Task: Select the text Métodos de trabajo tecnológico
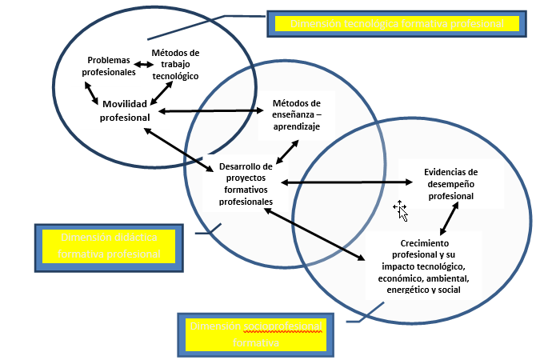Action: click(x=175, y=64)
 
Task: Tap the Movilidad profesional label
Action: click(x=125, y=111)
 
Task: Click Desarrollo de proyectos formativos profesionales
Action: click(x=246, y=184)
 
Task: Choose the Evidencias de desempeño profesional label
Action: click(x=450, y=183)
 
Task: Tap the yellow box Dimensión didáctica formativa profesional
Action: click(x=108, y=246)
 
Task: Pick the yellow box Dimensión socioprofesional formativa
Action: click(x=254, y=334)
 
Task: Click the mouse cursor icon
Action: click(x=401, y=210)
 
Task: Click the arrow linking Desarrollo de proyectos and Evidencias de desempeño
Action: click(x=340, y=183)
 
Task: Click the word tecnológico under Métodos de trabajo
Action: click(x=175, y=76)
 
